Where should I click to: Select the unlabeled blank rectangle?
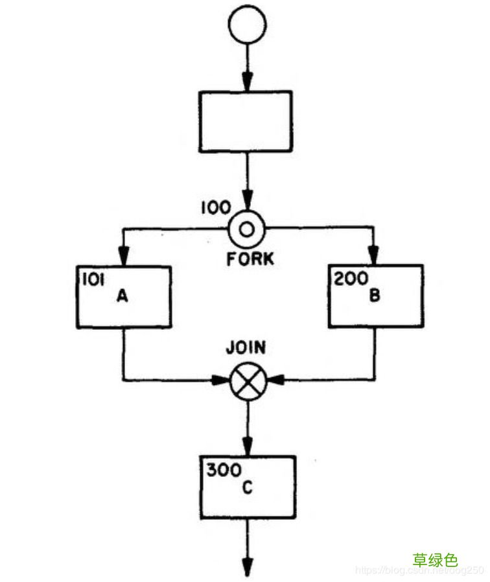pyautogui.click(x=244, y=121)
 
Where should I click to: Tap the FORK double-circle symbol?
pyautogui.click(x=246, y=227)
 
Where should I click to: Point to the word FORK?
pyautogui.click(x=250, y=260)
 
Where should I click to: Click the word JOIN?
pyautogui.click(x=245, y=348)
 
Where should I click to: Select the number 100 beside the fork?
pyautogui.click(x=215, y=208)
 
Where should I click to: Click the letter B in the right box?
pyautogui.click(x=374, y=296)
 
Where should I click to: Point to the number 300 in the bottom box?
pyautogui.click(x=220, y=470)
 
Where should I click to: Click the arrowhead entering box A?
pyautogui.click(x=123, y=258)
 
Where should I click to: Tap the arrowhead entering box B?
pyautogui.click(x=374, y=257)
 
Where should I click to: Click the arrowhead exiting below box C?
pyautogui.click(x=247, y=567)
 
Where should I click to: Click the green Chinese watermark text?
pyautogui.click(x=435, y=559)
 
